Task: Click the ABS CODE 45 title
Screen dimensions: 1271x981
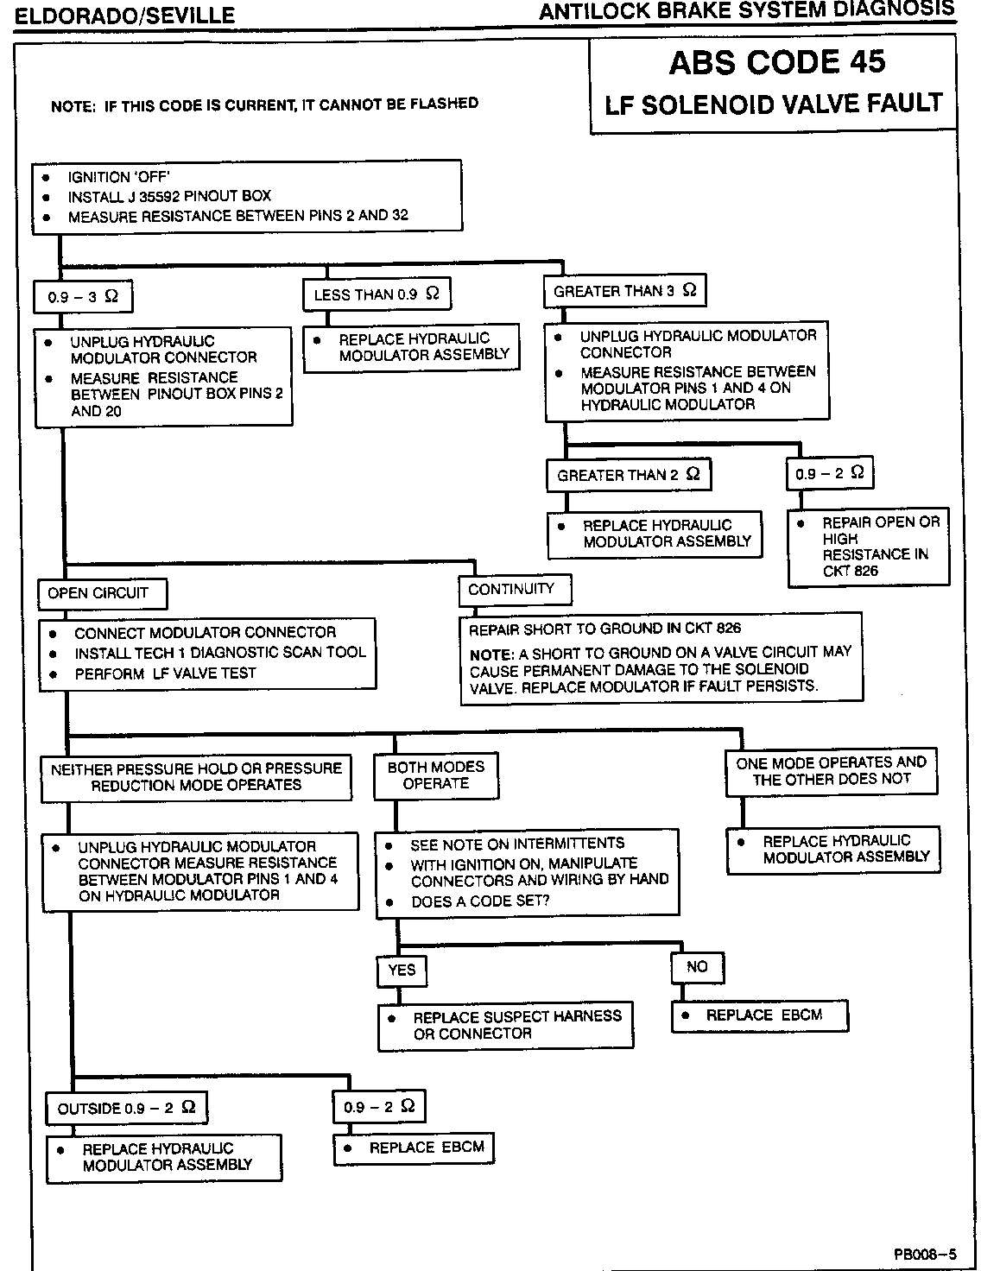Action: coord(776,62)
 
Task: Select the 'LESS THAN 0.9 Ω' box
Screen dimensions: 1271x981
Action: coord(377,294)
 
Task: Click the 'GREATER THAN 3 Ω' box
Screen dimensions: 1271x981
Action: coord(624,291)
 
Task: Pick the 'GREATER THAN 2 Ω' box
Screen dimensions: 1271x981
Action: coord(628,475)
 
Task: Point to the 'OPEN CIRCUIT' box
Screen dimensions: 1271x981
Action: coord(102,593)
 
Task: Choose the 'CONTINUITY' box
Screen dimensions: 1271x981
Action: coord(514,590)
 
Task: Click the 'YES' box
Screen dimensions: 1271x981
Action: coord(402,971)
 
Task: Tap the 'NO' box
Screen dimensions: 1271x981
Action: coord(696,967)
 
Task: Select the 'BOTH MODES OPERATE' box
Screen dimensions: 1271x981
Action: coord(436,775)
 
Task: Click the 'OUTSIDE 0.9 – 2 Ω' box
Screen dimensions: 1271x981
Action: coord(126,1108)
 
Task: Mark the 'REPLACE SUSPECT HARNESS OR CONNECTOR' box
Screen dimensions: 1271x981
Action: coord(505,1025)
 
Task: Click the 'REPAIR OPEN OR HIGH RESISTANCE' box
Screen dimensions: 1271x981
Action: coord(868,547)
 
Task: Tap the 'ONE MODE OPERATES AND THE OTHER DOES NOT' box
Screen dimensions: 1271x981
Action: coord(831,771)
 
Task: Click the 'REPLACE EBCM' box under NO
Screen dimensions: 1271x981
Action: coord(760,1015)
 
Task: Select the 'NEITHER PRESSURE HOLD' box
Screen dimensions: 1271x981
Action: coord(196,777)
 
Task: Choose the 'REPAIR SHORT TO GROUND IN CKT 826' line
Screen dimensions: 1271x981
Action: coord(604,629)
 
